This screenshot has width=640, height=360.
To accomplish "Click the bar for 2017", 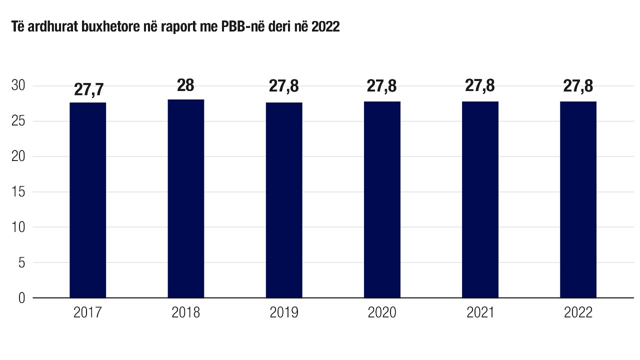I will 87,200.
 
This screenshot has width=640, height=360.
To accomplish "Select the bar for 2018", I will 185,199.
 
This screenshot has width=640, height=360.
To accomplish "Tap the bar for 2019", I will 284,200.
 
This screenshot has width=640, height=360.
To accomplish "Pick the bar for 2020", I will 382,199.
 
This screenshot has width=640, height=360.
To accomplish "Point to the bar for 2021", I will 480,199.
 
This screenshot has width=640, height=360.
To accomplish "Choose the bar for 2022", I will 578,199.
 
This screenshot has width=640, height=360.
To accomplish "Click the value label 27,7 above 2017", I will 88,89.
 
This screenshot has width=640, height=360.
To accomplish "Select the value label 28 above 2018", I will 185,86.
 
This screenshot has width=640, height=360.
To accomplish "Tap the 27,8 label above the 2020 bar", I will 382,86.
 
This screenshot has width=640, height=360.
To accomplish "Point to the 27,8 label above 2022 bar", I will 578,86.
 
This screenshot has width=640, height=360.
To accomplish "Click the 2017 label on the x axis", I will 87,313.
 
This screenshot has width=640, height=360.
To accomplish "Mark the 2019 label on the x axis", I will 284,313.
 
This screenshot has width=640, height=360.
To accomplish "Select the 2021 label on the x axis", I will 480,313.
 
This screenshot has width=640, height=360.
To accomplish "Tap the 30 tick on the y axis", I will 18,86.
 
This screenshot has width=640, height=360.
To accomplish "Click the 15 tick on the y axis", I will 18,192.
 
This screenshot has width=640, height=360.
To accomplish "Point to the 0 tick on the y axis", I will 21,298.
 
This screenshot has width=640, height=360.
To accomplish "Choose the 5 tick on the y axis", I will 21,262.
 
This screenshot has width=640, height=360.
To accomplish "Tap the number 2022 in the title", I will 325,27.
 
